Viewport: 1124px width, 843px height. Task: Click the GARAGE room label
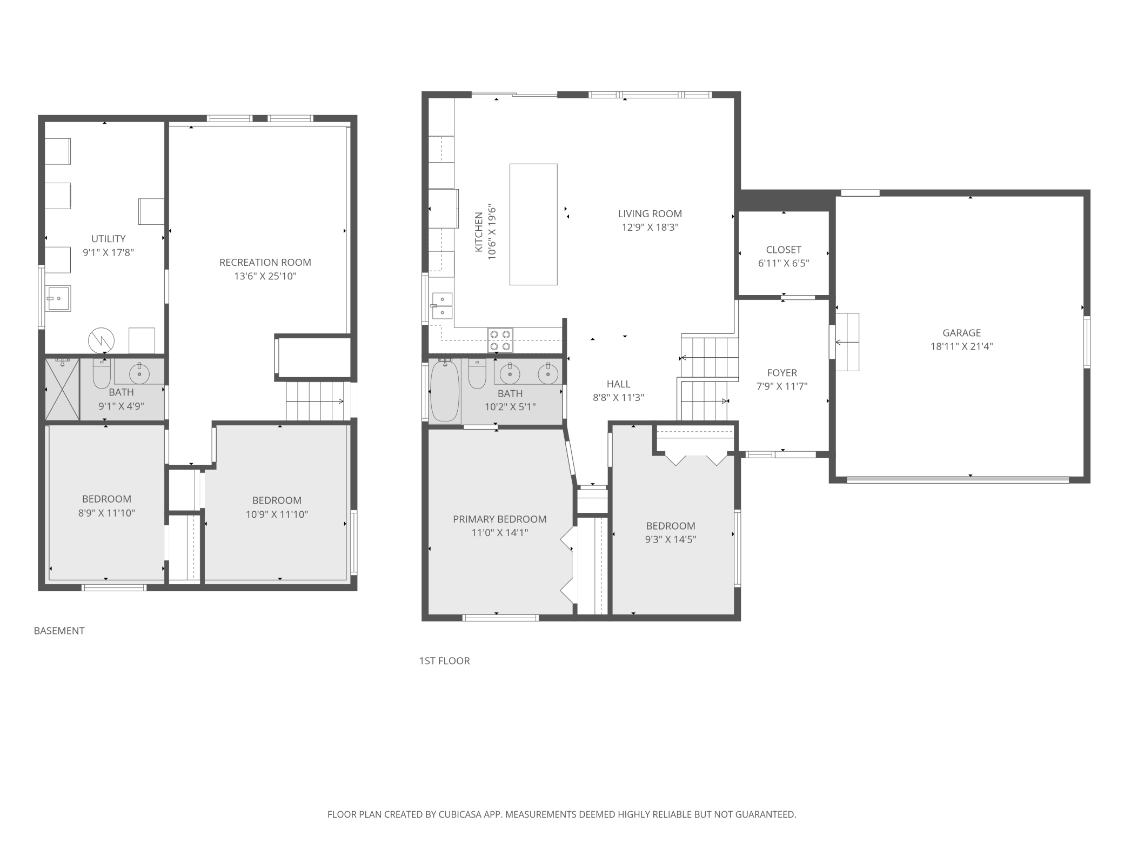[961, 333]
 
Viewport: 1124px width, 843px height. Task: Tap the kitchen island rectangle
[533, 224]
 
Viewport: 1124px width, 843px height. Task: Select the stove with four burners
[500, 340]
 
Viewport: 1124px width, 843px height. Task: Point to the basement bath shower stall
[62, 389]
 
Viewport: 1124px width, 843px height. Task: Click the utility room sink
[58, 298]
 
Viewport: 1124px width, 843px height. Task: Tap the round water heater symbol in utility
[101, 340]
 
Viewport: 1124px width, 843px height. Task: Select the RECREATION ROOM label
[265, 263]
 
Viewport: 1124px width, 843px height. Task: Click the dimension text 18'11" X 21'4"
[961, 347]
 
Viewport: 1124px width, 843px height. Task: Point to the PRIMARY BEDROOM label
[499, 519]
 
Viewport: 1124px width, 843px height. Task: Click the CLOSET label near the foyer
[784, 250]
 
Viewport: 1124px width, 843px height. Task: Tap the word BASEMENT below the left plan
[59, 631]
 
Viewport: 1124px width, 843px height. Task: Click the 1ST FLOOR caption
[444, 661]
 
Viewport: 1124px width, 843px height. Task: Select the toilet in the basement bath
[102, 373]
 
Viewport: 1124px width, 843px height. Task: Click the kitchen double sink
[443, 305]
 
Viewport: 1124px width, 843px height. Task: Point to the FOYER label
[782, 373]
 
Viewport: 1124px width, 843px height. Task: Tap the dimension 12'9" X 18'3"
[650, 228]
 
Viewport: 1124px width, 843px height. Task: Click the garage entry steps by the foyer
[847, 342]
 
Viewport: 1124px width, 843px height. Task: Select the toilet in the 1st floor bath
[477, 374]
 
